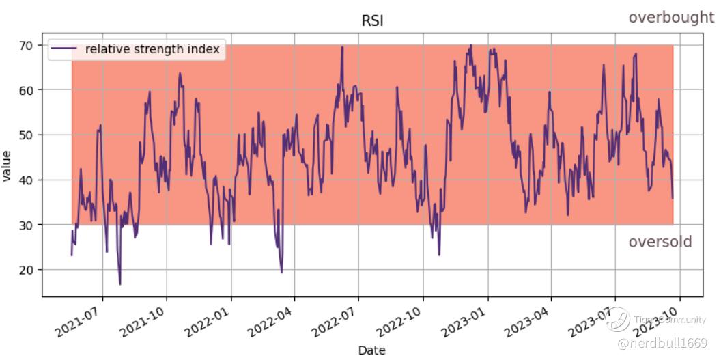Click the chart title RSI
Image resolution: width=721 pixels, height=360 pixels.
click(x=372, y=21)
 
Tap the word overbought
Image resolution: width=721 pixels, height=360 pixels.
click(x=671, y=18)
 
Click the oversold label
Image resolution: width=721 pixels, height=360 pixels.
click(x=660, y=242)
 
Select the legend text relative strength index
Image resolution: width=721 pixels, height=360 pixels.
click(x=152, y=49)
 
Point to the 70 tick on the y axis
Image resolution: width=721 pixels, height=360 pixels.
click(x=27, y=45)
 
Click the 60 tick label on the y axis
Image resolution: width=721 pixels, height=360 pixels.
click(x=27, y=90)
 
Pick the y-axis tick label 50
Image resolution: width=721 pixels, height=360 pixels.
click(x=27, y=135)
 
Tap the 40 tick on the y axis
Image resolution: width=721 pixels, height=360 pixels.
click(x=27, y=180)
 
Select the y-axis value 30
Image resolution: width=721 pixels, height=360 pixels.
click(x=27, y=225)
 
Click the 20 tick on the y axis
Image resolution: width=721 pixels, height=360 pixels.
click(x=27, y=270)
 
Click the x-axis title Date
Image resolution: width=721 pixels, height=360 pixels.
click(x=371, y=350)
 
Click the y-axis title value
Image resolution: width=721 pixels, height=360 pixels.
click(x=8, y=165)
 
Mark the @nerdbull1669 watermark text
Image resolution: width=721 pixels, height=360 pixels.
click(x=662, y=341)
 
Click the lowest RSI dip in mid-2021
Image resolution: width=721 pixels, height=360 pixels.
click(x=120, y=283)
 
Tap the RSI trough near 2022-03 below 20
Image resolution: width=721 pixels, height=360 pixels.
click(x=281, y=272)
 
